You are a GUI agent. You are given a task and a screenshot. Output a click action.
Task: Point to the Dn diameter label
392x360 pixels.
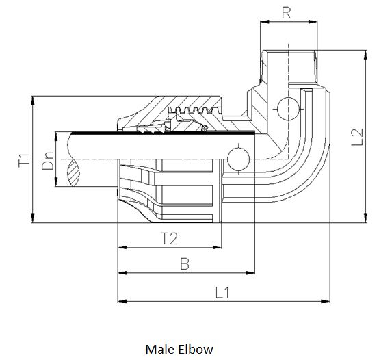[47, 166]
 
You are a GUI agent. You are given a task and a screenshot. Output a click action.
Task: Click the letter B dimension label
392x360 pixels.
[184, 264]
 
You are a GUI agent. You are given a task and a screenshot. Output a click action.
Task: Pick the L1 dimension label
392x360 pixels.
[222, 292]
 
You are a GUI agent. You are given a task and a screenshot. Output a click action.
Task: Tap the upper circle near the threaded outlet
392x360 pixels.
[288, 107]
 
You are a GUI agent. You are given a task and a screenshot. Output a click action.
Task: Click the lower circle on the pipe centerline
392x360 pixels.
[237, 158]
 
